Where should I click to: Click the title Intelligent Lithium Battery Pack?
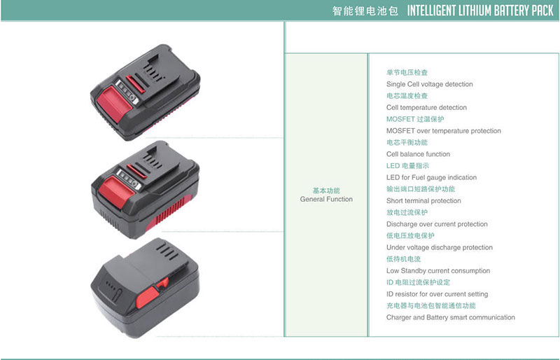coord(480,11)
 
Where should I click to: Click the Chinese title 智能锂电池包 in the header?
coord(365,11)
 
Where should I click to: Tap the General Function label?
coord(326,199)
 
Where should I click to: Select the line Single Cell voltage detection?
coord(429,84)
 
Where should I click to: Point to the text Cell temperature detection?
coord(426,108)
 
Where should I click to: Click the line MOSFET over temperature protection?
coord(444,131)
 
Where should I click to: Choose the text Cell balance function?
coord(418,154)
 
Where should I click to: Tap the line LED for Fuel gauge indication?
coord(431,177)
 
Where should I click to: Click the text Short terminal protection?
coord(423,200)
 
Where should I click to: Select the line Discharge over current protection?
coord(437,224)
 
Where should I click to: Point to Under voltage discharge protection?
coord(440,247)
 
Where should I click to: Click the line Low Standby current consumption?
coord(438,270)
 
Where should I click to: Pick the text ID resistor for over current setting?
coord(437,294)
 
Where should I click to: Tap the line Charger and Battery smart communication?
coord(451,317)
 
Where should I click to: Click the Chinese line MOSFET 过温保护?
coord(415,119)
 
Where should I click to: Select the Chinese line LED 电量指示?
coord(407,165)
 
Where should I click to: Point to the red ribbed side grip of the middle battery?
coord(167,214)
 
